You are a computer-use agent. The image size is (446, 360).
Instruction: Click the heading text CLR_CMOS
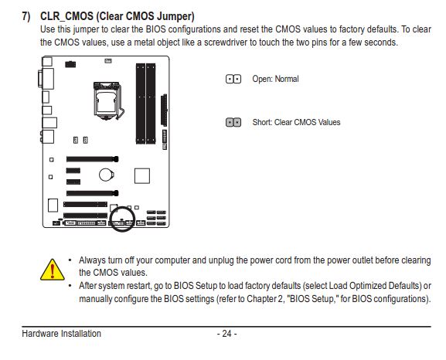(66, 16)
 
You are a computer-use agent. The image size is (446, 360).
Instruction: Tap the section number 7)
(26, 16)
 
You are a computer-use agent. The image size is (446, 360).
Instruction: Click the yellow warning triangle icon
(53, 270)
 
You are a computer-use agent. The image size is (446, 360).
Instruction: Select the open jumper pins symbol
(233, 79)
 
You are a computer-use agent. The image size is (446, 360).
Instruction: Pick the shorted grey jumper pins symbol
(233, 122)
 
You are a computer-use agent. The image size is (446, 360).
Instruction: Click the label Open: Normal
(275, 79)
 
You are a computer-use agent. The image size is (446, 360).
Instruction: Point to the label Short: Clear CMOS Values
(296, 122)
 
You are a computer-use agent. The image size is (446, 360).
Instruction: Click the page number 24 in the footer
(226, 334)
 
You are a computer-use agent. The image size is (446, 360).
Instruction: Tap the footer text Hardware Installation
(61, 334)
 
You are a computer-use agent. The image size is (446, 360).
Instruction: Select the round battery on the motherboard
(107, 175)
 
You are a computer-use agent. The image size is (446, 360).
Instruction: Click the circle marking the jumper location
(123, 207)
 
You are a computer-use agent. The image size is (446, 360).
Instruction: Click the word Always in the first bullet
(93, 260)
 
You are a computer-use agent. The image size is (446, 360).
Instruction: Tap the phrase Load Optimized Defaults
(375, 286)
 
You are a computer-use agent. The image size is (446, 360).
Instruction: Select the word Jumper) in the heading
(175, 16)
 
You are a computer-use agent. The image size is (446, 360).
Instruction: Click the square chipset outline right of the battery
(142, 175)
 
